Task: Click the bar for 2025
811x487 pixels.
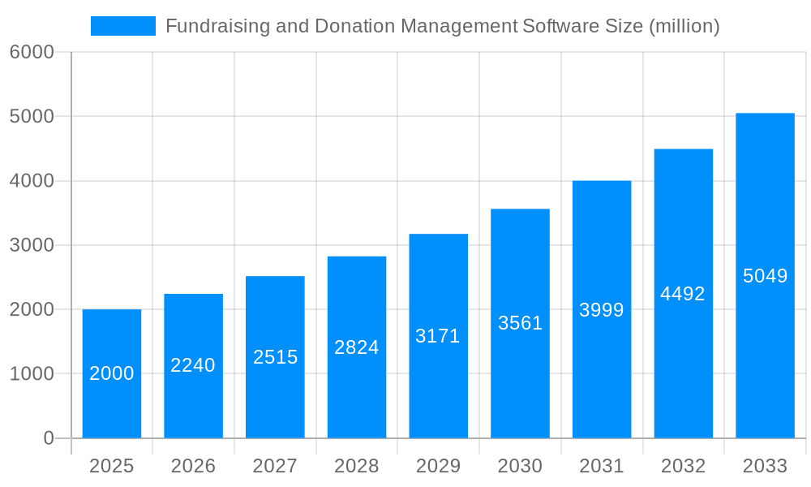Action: coord(112,373)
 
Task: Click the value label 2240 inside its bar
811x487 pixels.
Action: coord(193,365)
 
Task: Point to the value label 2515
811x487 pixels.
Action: coord(276,357)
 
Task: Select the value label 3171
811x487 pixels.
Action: coord(438,336)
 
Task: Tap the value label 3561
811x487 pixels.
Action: coord(520,323)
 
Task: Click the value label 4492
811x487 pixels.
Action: coord(683,294)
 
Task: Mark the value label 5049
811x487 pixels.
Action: coord(765,276)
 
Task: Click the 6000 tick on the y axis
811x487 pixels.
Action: coord(32,52)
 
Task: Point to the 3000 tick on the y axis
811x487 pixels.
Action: coord(32,245)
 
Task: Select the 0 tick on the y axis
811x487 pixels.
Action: coord(48,438)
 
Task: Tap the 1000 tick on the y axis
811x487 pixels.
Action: coord(32,374)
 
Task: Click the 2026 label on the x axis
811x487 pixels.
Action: coord(193,466)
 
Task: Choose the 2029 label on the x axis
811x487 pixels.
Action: coord(438,466)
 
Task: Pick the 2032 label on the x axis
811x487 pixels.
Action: coord(683,466)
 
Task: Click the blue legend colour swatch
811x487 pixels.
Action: coord(123,26)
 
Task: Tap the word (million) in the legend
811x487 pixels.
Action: coord(684,26)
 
